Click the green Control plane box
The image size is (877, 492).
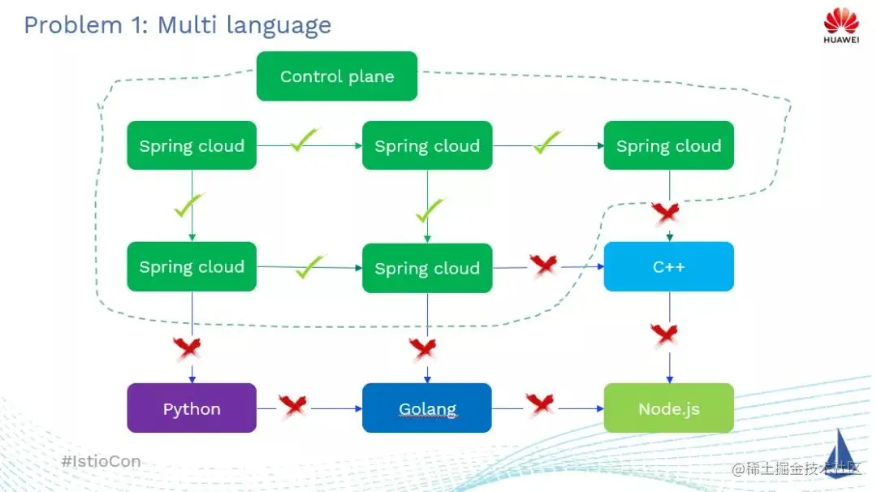tap(337, 76)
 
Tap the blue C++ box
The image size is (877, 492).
tap(669, 266)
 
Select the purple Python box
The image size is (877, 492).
tap(192, 408)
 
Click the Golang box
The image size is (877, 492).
tap(427, 408)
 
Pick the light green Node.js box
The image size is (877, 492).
tap(669, 408)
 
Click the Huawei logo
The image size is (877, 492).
tap(840, 26)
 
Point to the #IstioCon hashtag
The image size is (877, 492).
tap(102, 461)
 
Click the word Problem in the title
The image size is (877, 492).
tap(73, 25)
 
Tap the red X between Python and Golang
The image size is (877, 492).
tap(294, 405)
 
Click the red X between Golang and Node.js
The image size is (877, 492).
tap(540, 404)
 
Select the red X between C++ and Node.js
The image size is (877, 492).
tap(664, 334)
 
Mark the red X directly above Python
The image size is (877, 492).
tap(188, 347)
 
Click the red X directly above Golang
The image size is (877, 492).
tap(423, 349)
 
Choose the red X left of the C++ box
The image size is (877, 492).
tap(543, 265)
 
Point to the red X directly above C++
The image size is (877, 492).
tap(666, 213)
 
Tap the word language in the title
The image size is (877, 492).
tap(279, 26)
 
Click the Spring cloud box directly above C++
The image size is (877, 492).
tap(669, 145)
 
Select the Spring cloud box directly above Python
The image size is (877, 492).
tap(192, 266)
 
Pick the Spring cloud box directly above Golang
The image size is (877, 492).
tap(427, 268)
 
